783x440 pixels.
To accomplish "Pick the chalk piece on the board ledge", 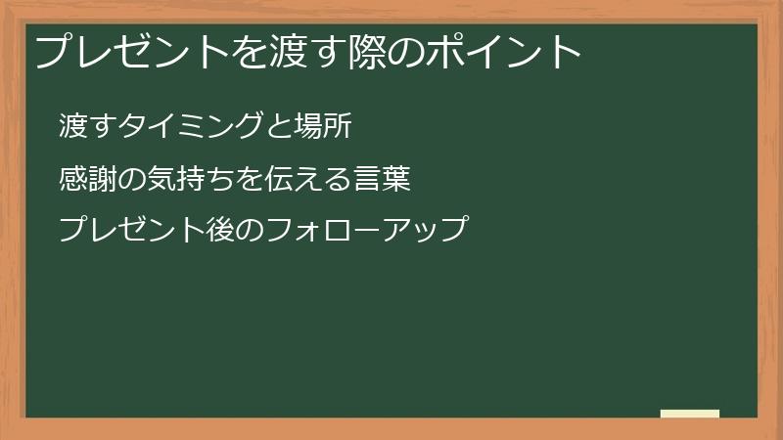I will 690,414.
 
